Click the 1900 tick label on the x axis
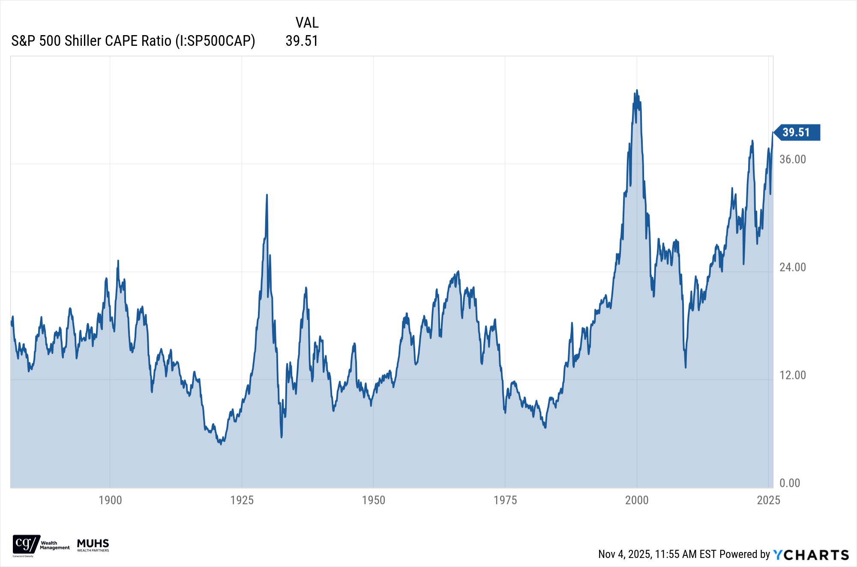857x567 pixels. [110, 500]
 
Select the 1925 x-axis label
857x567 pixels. [242, 500]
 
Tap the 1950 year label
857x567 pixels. [374, 500]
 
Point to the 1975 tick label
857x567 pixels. [505, 500]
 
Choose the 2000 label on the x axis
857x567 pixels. [637, 500]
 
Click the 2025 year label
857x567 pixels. [768, 500]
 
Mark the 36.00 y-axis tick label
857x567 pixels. [793, 159]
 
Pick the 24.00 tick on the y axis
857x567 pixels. [793, 267]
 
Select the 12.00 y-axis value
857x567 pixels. [793, 375]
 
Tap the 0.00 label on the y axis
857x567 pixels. [790, 483]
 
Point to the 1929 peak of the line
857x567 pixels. [267, 195]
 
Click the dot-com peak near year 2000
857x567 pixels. [637, 90]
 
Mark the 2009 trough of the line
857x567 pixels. [686, 367]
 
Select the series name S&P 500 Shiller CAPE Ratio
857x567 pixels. [133, 41]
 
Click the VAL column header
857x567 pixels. [307, 23]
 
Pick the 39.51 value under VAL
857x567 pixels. [302, 41]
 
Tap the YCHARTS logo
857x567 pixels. [811, 555]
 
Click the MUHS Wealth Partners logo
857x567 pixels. [93, 545]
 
